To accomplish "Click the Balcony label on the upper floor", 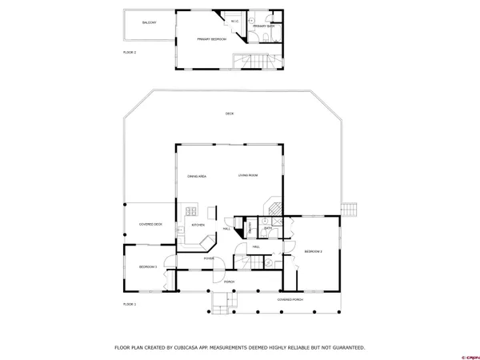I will pyautogui.click(x=149, y=22).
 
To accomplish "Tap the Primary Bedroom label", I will pyautogui.click(x=213, y=38).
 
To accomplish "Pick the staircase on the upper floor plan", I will pyautogui.click(x=257, y=62).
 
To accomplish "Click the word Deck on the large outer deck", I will pyautogui.click(x=230, y=114).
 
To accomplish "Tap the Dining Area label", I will pyautogui.click(x=197, y=175).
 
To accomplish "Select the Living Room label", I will pyautogui.click(x=247, y=175).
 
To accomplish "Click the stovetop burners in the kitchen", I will pyautogui.click(x=193, y=211).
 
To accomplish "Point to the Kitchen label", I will pyautogui.click(x=198, y=225).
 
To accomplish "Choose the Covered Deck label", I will pyautogui.click(x=151, y=225).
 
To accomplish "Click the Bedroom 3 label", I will pyautogui.click(x=148, y=267).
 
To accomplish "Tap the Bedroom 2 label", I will pyautogui.click(x=313, y=251).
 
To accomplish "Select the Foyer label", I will pyautogui.click(x=209, y=259).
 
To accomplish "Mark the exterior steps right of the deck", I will pyautogui.click(x=349, y=208).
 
